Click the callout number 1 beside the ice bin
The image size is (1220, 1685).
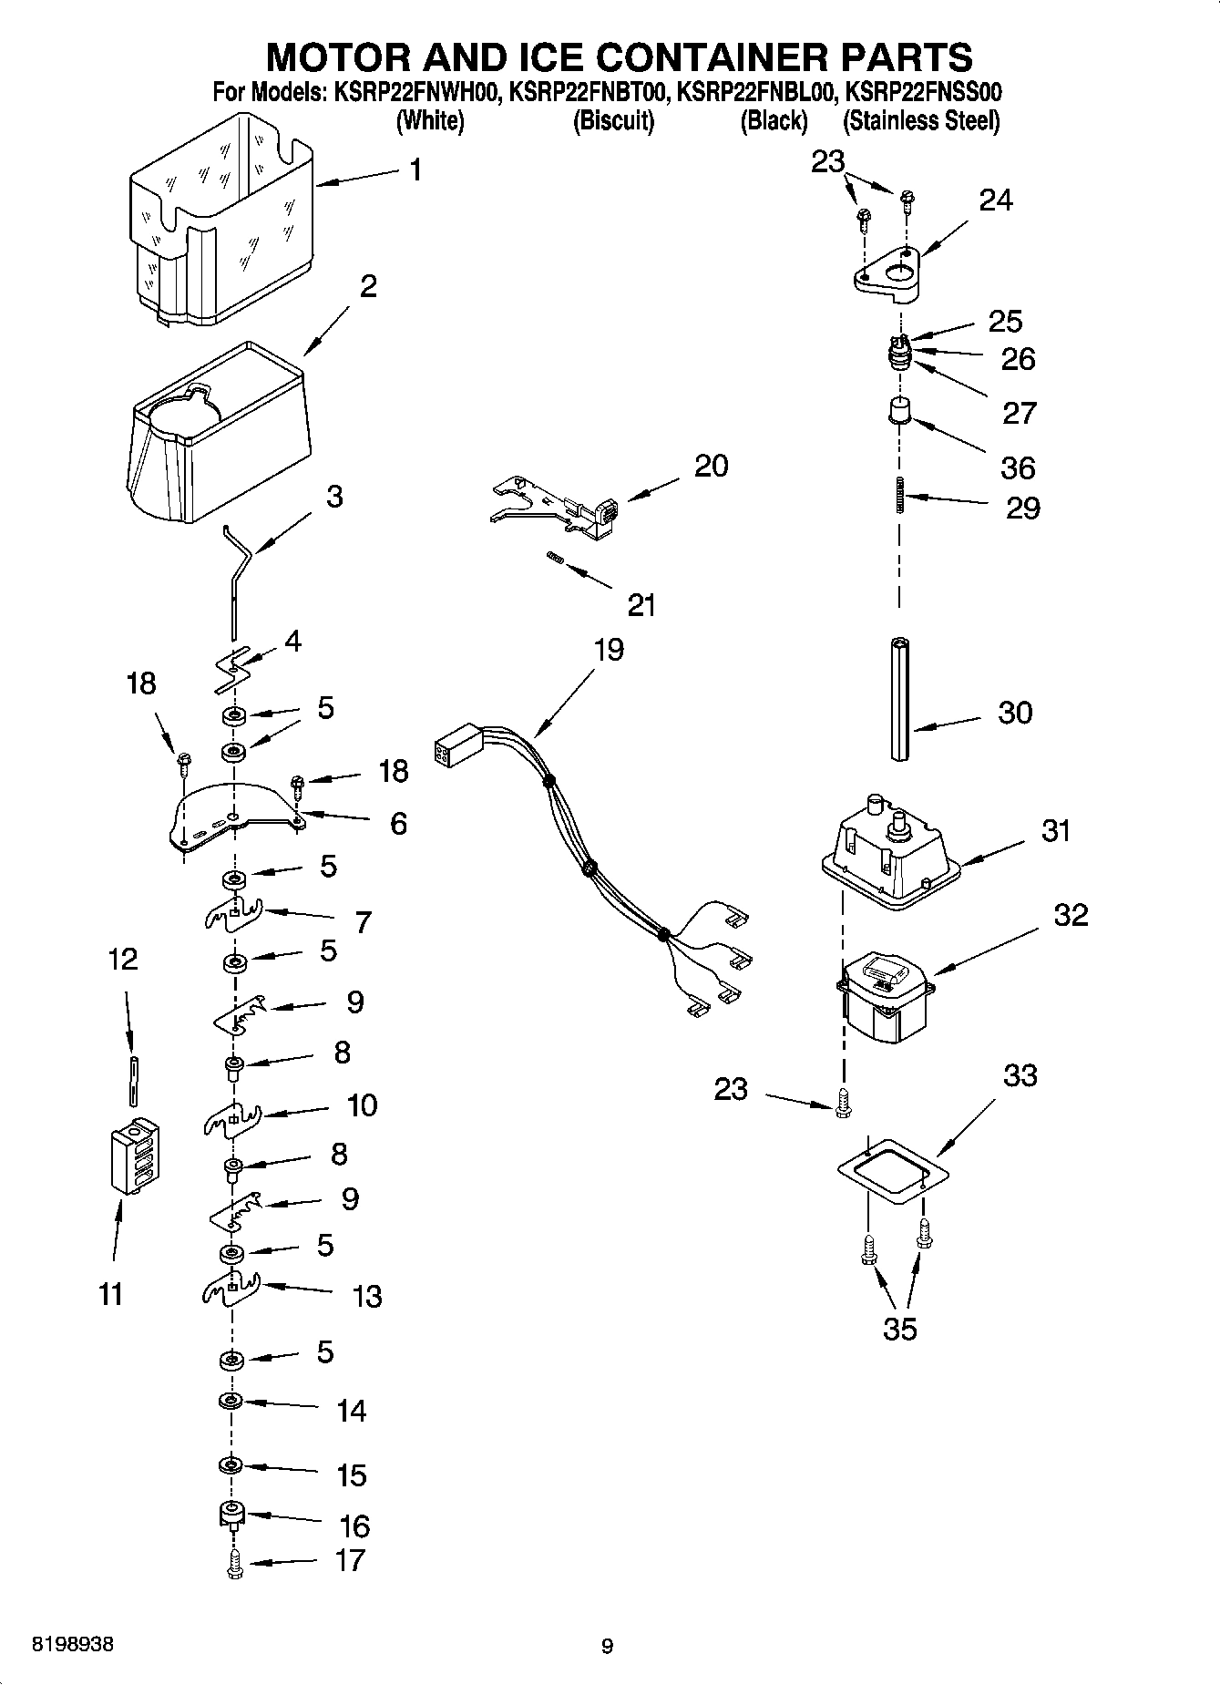click(x=415, y=170)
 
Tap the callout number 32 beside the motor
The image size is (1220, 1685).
click(x=1071, y=914)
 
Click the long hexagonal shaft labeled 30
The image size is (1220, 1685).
click(x=901, y=699)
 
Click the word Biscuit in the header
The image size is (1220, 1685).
click(x=613, y=121)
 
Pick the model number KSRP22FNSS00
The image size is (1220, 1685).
click(x=923, y=92)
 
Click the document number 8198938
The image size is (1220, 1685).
click(x=73, y=1646)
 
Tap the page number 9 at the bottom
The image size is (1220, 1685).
click(x=608, y=1646)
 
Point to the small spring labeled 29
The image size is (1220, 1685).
click(x=900, y=495)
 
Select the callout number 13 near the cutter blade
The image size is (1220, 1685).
click(x=367, y=1296)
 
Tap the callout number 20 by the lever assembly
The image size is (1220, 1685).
click(x=711, y=466)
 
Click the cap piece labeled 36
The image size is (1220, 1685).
click(x=900, y=410)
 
